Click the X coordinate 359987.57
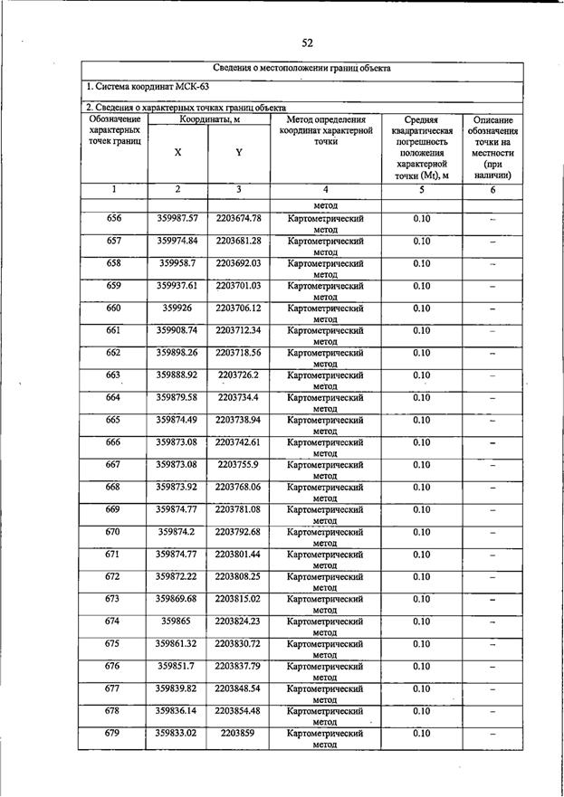(x=177, y=219)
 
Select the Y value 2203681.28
(x=238, y=241)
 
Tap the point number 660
(x=114, y=308)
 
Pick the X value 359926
(x=177, y=308)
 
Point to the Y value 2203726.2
(x=238, y=375)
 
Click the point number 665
(x=114, y=420)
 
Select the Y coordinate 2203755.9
(x=238, y=464)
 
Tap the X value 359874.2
(x=177, y=532)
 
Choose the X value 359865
(x=177, y=621)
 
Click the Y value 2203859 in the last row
(x=238, y=734)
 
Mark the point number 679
(x=114, y=734)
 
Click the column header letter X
(x=177, y=153)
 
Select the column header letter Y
(x=238, y=153)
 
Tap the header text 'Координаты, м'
(x=208, y=120)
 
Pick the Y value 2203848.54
(x=238, y=688)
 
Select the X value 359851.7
(x=177, y=667)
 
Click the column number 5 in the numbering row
(x=421, y=190)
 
